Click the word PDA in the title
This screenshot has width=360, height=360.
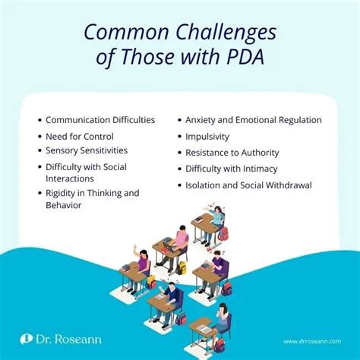tap(245, 56)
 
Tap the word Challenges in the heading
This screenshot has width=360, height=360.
tap(226, 33)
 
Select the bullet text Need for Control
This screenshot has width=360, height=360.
tap(80, 137)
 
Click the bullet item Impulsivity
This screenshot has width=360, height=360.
tap(207, 137)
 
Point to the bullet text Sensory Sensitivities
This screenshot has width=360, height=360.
tap(87, 150)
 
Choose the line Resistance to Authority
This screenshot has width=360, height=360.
tap(232, 153)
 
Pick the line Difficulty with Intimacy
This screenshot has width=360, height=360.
tap(232, 169)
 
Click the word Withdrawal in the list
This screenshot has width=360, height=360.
tap(289, 185)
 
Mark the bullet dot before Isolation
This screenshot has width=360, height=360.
tap(180, 185)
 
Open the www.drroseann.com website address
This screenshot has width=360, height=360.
tap(312, 342)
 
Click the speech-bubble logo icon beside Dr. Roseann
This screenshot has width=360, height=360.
tap(27, 339)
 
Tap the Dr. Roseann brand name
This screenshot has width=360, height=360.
tap(68, 339)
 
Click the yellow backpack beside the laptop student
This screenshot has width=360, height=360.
tap(182, 268)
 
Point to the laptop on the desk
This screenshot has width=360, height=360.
tap(169, 247)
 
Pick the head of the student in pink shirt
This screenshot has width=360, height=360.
tap(182, 229)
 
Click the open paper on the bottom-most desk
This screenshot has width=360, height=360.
tap(204, 329)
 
